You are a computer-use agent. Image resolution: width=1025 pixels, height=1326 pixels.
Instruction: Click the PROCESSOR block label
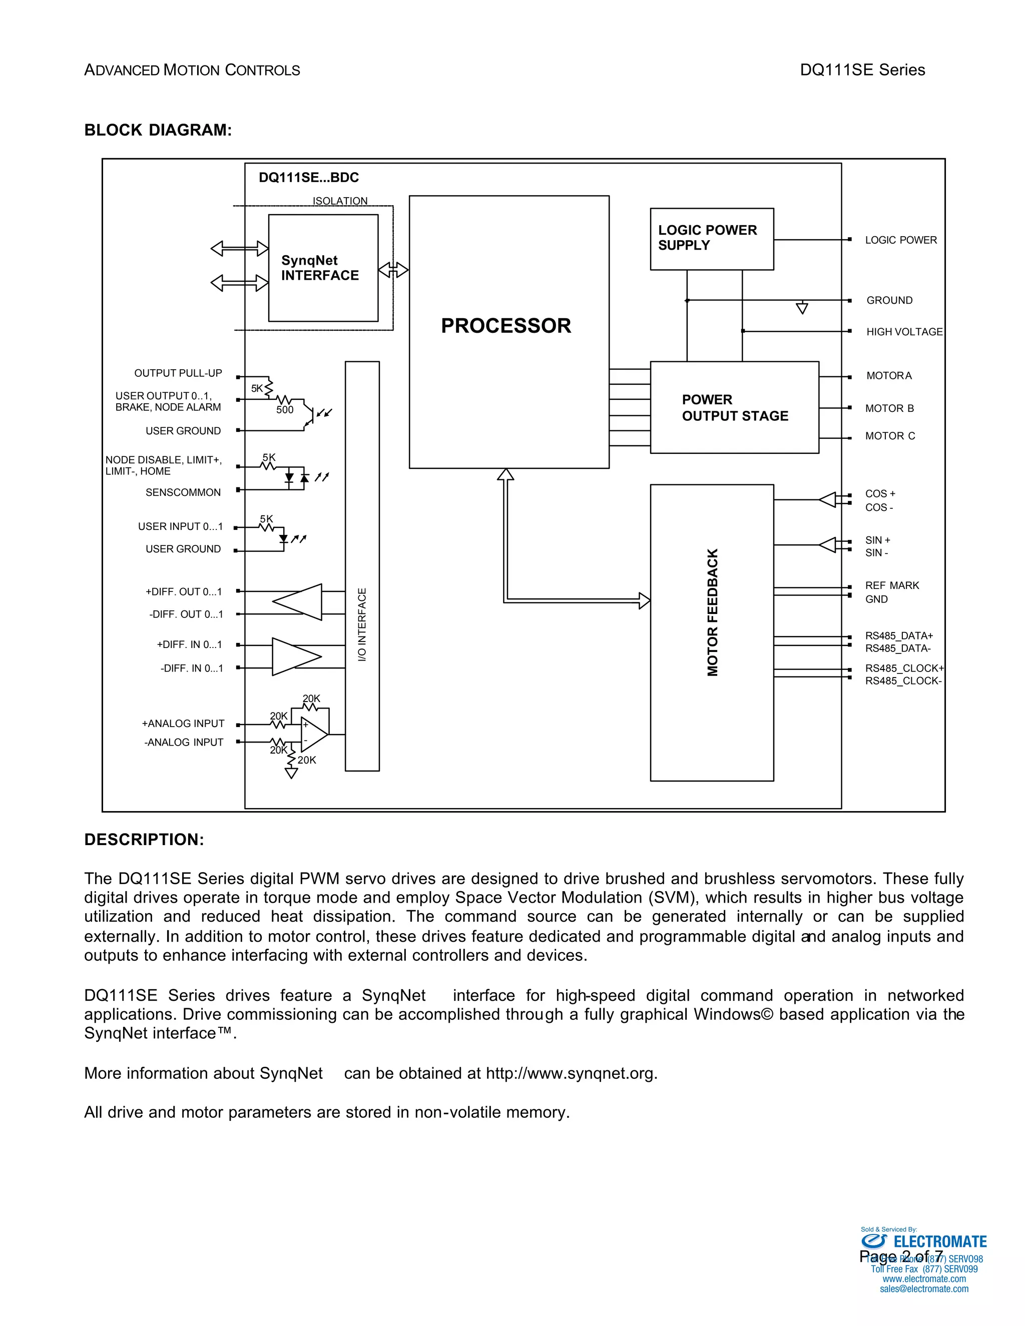click(506, 326)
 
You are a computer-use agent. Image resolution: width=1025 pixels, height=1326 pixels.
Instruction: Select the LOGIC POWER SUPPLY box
click(711, 239)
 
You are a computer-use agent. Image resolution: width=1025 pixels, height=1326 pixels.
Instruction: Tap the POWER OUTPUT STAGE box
click(734, 407)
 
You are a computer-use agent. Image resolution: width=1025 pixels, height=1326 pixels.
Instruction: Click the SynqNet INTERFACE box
click(323, 268)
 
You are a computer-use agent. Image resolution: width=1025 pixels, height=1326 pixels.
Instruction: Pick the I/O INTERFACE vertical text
click(362, 625)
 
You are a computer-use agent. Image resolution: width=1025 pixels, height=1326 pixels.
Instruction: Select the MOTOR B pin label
click(889, 409)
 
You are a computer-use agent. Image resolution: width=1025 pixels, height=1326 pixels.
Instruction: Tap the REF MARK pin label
click(891, 585)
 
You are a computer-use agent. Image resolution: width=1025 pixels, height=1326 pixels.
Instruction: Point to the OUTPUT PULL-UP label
click(178, 373)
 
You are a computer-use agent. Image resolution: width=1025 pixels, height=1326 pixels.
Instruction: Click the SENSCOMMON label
click(183, 492)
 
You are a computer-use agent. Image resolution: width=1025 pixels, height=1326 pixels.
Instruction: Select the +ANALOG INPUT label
click(183, 724)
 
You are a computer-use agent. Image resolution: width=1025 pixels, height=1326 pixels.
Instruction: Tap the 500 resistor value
click(285, 410)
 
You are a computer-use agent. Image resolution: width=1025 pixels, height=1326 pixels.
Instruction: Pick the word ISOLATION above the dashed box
click(340, 201)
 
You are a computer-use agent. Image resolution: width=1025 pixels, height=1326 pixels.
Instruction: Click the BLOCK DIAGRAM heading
click(158, 131)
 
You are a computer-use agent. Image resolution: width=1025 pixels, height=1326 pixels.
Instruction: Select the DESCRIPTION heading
click(144, 840)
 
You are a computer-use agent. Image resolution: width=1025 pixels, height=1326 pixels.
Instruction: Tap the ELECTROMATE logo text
click(939, 1242)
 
